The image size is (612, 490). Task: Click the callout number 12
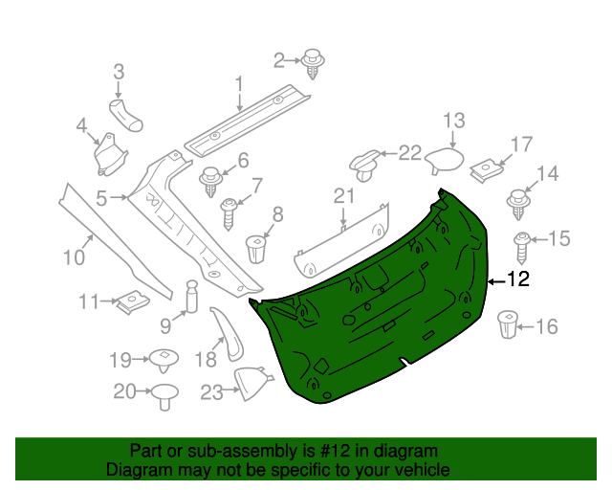click(517, 280)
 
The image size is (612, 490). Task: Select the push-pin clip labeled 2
click(313, 61)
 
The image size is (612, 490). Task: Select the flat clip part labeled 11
click(131, 302)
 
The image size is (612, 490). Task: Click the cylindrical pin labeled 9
click(190, 296)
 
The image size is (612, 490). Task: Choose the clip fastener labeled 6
click(210, 180)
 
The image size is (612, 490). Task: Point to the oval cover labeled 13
click(443, 159)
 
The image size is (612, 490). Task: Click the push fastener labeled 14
click(518, 202)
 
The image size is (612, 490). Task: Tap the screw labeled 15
click(523, 247)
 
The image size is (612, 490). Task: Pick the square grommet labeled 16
click(508, 324)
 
